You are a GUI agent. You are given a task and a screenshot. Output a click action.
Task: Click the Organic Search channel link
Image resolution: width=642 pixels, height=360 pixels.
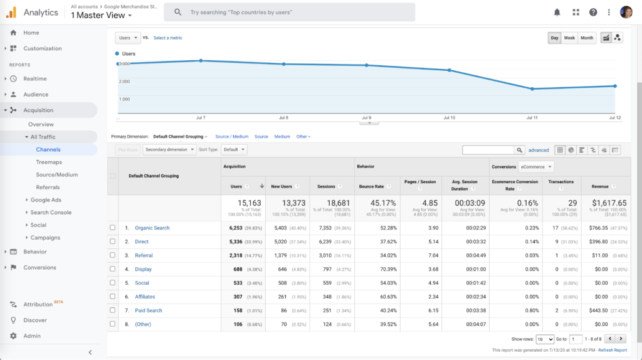tap(152, 228)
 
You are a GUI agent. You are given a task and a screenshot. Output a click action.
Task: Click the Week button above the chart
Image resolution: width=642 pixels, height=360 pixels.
tap(569, 38)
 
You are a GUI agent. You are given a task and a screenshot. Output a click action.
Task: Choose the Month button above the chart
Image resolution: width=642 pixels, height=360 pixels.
tap(587, 38)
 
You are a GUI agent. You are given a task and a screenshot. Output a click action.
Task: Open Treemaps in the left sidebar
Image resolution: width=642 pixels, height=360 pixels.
tap(48, 162)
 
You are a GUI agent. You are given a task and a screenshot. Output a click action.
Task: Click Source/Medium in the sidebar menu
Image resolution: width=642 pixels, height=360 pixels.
tap(56, 174)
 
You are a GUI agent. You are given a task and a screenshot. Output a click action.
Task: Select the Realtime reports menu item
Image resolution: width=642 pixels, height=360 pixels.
tap(35, 78)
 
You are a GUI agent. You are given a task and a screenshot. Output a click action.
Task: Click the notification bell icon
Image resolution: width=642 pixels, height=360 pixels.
tap(557, 12)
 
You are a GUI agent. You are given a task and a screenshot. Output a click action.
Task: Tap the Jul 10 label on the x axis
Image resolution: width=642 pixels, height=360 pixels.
tap(449, 118)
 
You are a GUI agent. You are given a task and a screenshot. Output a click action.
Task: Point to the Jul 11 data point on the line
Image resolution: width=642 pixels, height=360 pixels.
tap(532, 89)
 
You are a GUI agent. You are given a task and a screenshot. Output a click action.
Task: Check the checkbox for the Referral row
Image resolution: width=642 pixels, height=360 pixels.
tap(113, 255)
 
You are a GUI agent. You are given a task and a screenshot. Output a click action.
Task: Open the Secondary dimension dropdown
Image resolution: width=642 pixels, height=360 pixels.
tap(168, 150)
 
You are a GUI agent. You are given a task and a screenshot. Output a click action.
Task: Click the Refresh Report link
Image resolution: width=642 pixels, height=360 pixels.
tap(612, 350)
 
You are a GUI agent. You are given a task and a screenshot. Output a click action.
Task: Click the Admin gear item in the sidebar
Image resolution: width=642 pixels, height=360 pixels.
tap(31, 336)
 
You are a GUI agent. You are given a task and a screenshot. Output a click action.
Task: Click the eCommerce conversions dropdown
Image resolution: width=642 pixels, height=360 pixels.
tap(535, 167)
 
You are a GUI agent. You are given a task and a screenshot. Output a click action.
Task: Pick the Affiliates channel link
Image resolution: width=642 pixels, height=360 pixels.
tap(145, 297)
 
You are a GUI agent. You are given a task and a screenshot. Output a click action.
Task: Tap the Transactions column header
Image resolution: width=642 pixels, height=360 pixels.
tap(560, 182)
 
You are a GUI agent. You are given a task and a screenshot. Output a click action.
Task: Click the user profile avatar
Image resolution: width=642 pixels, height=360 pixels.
tap(626, 12)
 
